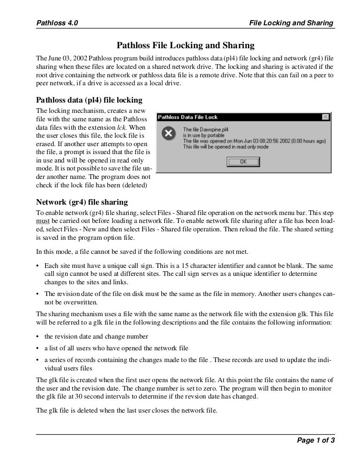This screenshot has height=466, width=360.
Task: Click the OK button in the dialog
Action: tap(243, 161)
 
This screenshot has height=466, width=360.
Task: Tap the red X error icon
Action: tap(168, 134)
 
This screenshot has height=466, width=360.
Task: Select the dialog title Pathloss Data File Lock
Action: tap(188, 117)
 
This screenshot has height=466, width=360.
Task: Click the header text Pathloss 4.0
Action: tap(57, 22)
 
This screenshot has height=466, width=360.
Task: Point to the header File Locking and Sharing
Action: tap(291, 22)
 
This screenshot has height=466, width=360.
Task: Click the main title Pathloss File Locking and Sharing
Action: tap(185, 45)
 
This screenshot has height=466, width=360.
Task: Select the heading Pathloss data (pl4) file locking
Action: tap(89, 100)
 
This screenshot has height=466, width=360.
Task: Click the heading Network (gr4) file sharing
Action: tap(82, 202)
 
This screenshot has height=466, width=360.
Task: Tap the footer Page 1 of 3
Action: tap(315, 440)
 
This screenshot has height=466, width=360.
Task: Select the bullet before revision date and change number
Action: tap(37, 337)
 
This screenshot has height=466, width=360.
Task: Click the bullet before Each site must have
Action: tap(37, 265)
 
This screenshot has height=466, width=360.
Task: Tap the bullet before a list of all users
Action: tap(37, 348)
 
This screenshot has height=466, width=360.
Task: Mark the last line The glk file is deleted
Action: tap(127, 411)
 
